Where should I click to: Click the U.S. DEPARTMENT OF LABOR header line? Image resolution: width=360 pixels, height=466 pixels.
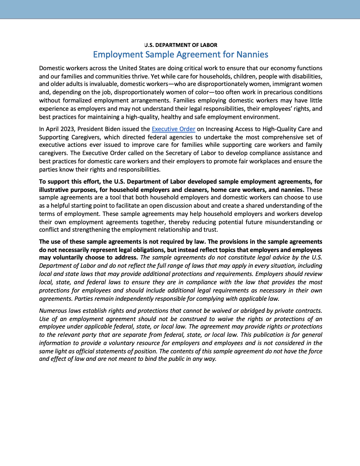point(181,45)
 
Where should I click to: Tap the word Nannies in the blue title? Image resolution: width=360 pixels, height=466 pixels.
point(252,55)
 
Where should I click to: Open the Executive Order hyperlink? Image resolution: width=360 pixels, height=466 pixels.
point(173,129)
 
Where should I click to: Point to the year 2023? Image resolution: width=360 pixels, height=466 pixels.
point(68,129)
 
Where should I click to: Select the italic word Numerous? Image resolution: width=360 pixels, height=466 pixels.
point(53,311)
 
